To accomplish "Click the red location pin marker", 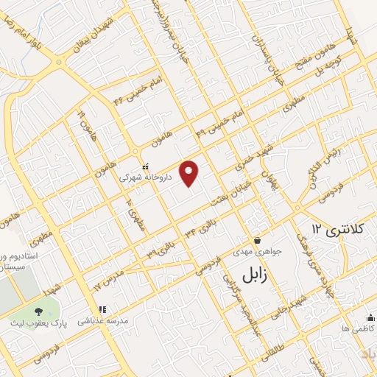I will tap(190, 172).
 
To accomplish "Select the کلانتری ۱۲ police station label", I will tap(337, 228).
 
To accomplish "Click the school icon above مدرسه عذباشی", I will tap(103, 310).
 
